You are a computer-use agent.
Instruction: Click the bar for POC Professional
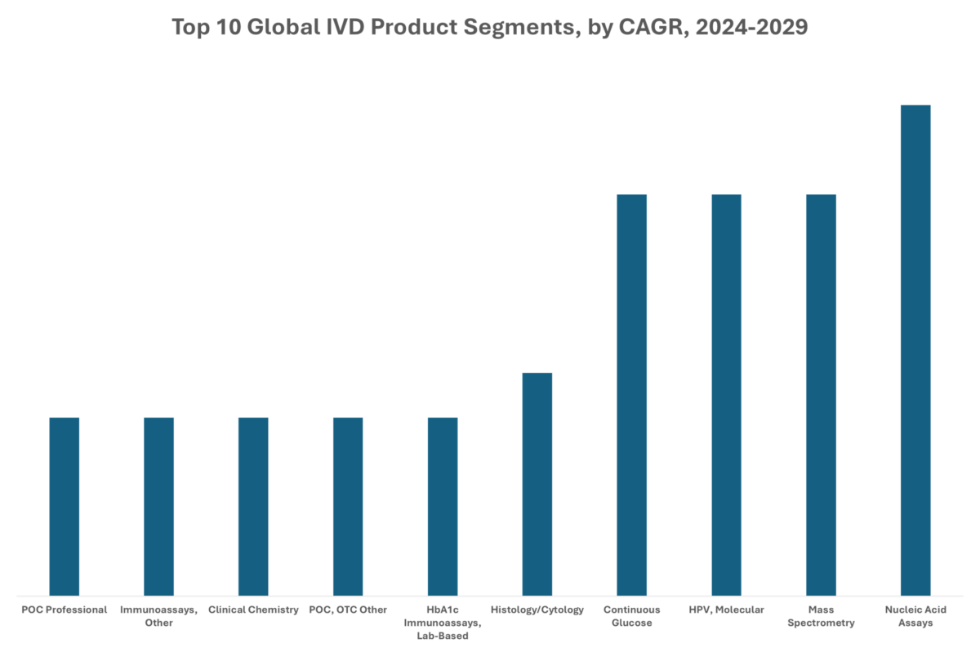[65, 506]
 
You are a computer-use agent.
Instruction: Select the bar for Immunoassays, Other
[159, 506]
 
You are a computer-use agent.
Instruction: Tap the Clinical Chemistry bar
[253, 506]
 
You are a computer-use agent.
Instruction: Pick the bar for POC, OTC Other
[348, 506]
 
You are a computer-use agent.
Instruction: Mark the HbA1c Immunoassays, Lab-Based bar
[443, 506]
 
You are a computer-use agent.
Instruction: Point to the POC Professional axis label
[65, 610]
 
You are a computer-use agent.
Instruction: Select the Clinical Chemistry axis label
[253, 610]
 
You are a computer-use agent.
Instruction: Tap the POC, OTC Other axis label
[348, 610]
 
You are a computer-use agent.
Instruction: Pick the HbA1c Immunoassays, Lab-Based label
[443, 623]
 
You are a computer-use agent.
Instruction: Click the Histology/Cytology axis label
[537, 610]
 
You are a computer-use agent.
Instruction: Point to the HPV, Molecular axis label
[726, 610]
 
